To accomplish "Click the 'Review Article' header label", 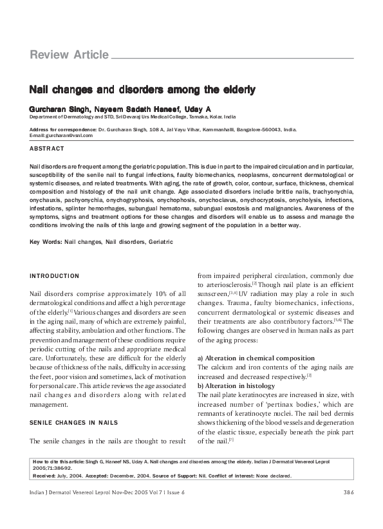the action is [69, 55].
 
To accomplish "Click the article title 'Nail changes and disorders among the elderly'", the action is [142, 90].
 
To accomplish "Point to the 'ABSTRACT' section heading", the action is [47, 149].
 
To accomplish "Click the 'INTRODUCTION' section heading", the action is [55, 276].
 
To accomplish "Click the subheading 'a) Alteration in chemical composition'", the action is [256, 358].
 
